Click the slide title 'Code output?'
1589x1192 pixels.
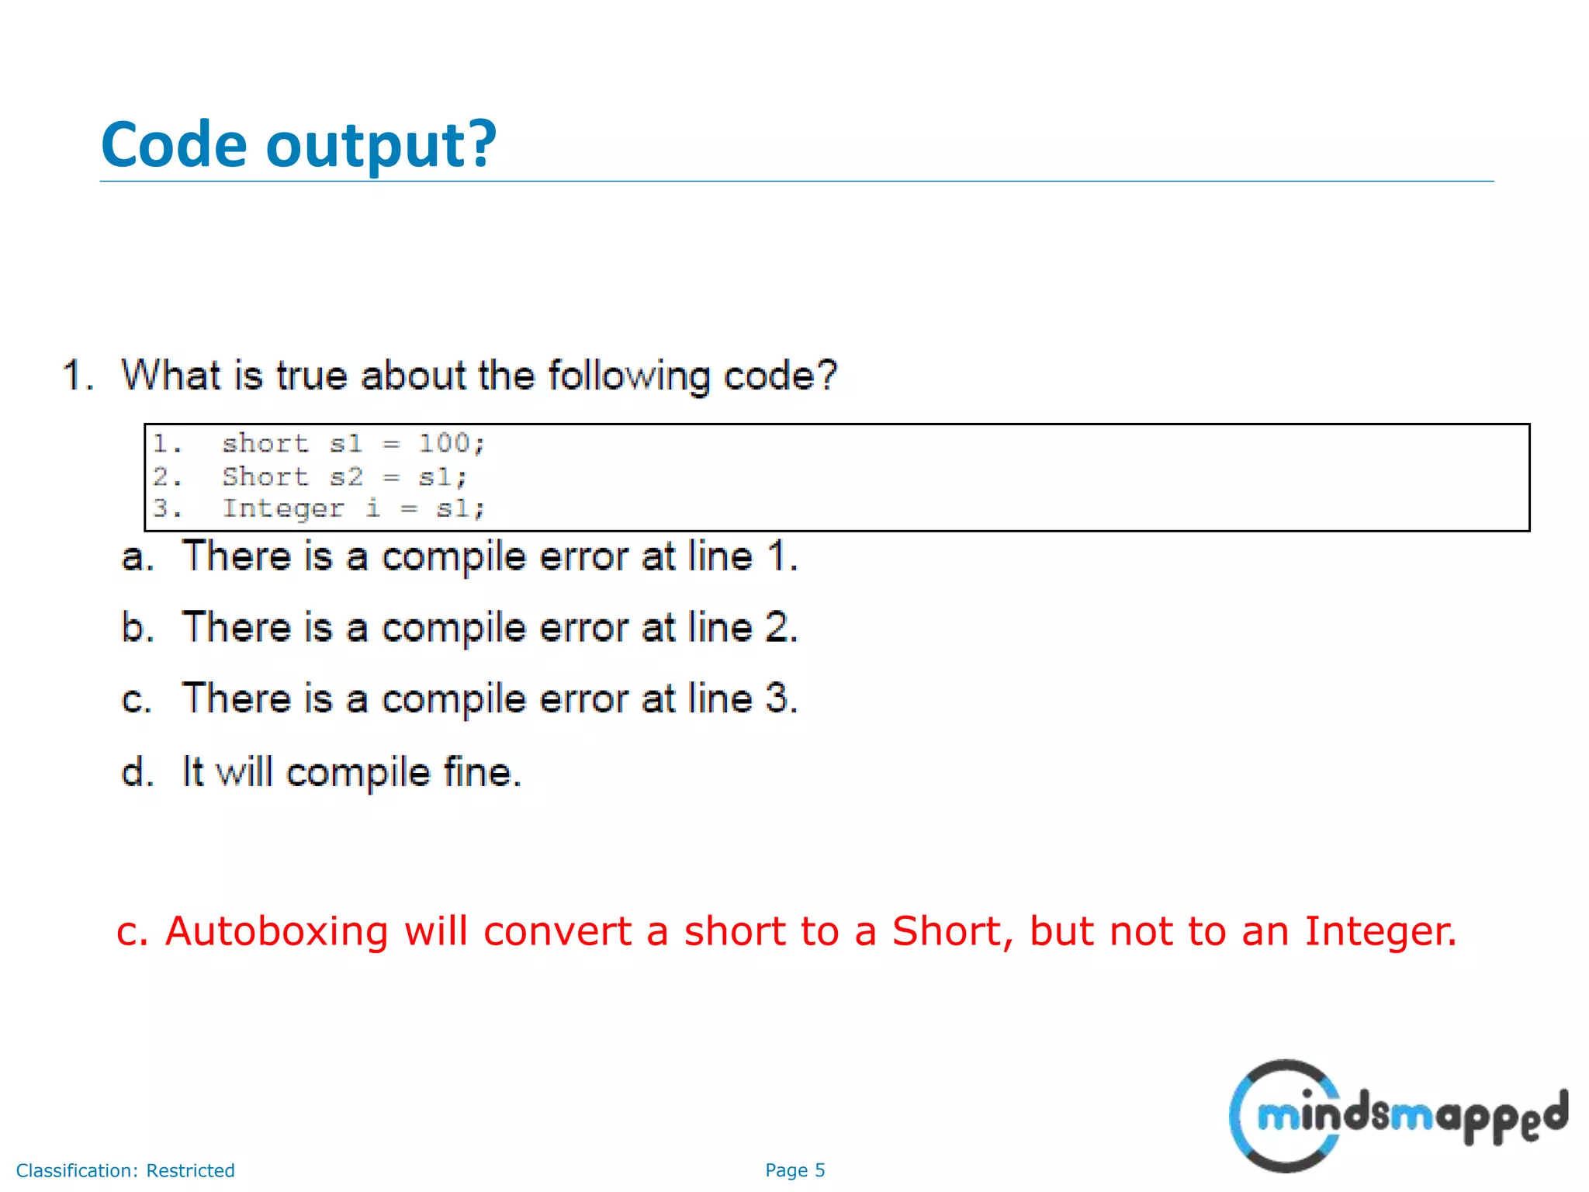tap(299, 145)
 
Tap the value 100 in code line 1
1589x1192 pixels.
tap(445, 443)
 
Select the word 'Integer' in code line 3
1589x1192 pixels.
tap(283, 508)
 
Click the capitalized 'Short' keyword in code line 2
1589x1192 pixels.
tap(265, 476)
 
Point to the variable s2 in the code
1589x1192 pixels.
tap(346, 476)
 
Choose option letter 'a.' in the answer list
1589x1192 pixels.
tap(137, 557)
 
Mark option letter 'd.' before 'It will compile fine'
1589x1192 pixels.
tap(137, 772)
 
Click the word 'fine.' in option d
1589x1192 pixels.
tap(482, 772)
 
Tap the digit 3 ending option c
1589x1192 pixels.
tap(777, 698)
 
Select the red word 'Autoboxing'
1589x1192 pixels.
tap(276, 932)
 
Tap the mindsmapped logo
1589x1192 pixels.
tap(1397, 1116)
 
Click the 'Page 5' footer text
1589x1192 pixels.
tap(794, 1170)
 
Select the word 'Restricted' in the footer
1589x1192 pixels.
tap(190, 1170)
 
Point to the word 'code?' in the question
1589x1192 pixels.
tap(781, 376)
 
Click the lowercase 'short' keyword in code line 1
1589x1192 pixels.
tap(265, 443)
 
